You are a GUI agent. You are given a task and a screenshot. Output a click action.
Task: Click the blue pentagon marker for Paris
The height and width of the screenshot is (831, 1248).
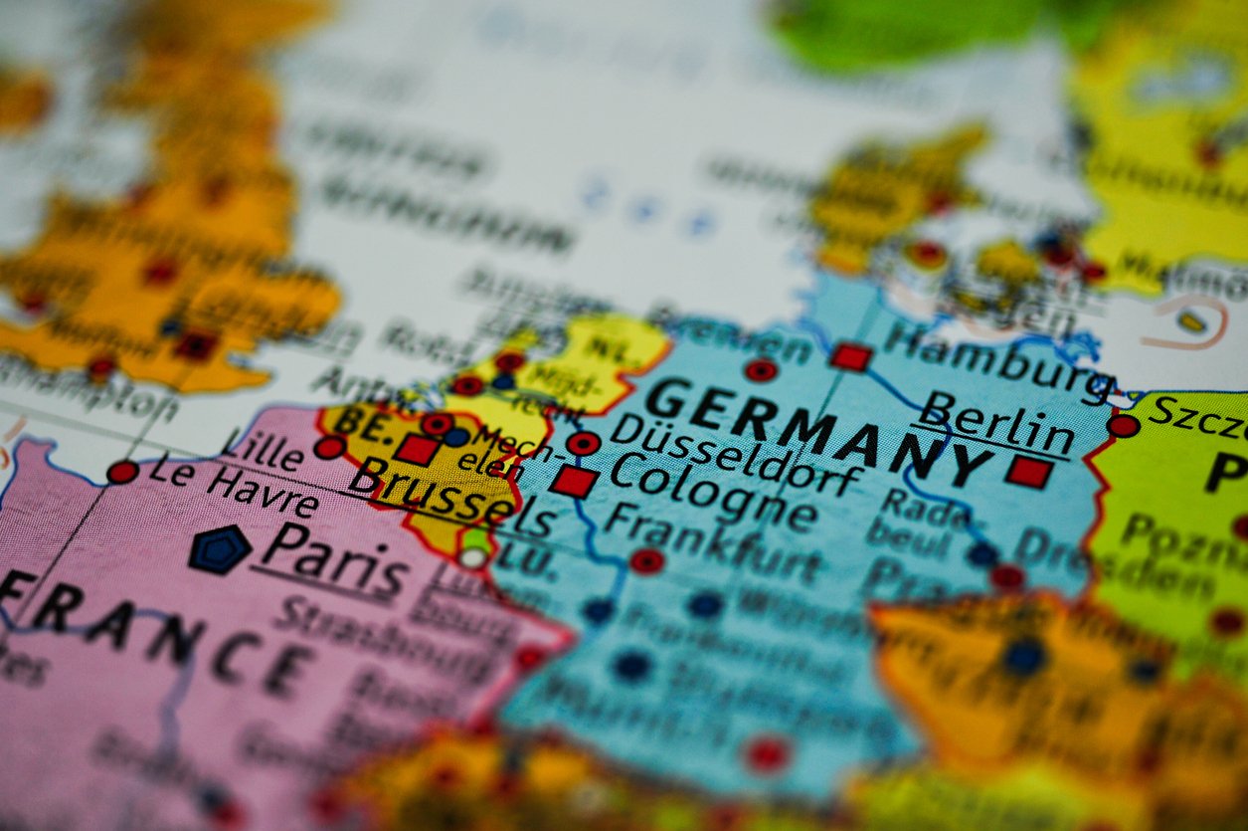(x=219, y=549)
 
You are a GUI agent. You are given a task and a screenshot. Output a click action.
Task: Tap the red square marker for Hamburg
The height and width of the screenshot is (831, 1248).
(x=851, y=356)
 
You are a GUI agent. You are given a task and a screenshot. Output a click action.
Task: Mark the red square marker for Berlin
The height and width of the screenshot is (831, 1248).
(x=1028, y=471)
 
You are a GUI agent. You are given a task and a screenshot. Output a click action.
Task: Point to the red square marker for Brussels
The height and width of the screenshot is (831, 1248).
(x=417, y=450)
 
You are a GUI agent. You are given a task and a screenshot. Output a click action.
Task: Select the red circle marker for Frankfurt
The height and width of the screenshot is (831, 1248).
(x=646, y=560)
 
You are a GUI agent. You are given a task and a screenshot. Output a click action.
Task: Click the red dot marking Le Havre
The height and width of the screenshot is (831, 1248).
(x=122, y=472)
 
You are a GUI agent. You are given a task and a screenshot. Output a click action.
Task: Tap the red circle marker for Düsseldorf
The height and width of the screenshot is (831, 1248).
(x=583, y=443)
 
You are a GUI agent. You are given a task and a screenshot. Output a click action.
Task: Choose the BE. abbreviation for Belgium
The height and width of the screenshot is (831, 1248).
(x=358, y=421)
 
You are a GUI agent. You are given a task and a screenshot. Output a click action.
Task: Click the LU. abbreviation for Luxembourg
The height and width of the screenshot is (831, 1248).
(x=527, y=559)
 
